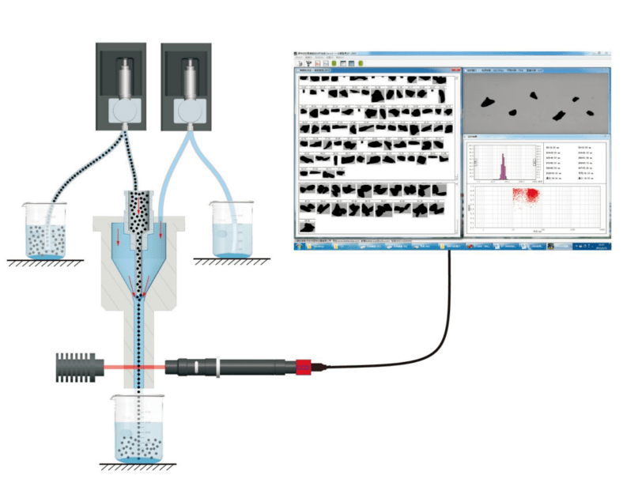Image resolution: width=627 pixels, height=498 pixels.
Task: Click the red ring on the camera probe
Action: click(x=304, y=367)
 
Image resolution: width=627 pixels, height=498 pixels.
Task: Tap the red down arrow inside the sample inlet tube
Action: click(x=142, y=207)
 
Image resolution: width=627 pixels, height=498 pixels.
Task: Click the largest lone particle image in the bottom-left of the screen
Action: click(x=308, y=225)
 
